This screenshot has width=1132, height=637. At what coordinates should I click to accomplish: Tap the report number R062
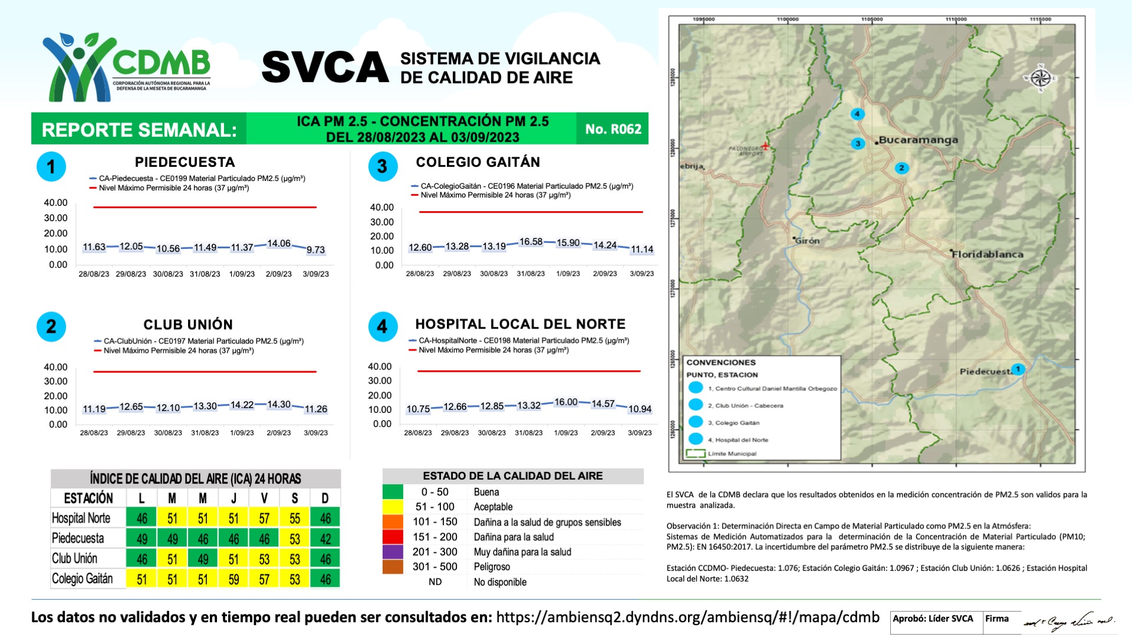point(613,129)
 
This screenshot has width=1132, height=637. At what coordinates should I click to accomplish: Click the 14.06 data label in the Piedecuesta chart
point(279,244)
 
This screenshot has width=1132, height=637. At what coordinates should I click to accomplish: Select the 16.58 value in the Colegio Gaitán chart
point(531,242)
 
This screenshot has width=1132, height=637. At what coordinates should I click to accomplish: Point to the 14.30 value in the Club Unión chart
point(279,405)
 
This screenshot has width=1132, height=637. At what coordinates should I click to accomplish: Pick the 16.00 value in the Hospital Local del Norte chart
point(566,402)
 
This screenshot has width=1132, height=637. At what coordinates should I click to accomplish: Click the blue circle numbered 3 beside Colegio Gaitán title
point(383,166)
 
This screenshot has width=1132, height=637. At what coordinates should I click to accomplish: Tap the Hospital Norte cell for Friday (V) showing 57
point(264,518)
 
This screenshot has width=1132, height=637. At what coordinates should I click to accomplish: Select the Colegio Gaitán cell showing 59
point(233,579)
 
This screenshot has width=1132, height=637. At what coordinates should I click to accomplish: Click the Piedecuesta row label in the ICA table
point(78,539)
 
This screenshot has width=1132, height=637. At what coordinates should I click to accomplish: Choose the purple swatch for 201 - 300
point(393,552)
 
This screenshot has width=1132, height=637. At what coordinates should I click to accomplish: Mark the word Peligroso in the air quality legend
point(492,567)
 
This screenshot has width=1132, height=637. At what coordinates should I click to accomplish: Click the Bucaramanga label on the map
point(918,140)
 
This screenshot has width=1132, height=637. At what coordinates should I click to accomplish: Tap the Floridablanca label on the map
point(988,254)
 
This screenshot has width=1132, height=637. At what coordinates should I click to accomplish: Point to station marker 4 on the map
point(857,114)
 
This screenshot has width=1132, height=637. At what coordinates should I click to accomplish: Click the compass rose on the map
point(1041,78)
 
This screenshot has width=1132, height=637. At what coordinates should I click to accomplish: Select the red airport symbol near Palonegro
point(765,146)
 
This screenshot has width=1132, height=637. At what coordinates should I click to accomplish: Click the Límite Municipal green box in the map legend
point(696,454)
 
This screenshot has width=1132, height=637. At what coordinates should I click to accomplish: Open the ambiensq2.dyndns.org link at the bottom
point(687,618)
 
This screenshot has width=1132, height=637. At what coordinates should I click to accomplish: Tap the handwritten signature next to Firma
point(1068,622)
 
